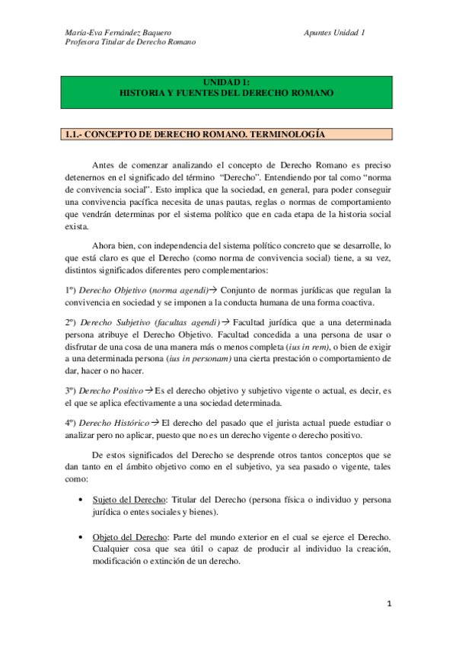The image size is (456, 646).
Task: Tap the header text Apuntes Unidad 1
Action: tap(334, 32)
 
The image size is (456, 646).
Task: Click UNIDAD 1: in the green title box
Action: tap(227, 82)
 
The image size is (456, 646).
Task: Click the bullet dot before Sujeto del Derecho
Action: tap(81, 500)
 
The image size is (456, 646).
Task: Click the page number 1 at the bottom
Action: tap(387, 605)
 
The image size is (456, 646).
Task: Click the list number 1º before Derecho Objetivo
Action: tap(69, 290)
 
